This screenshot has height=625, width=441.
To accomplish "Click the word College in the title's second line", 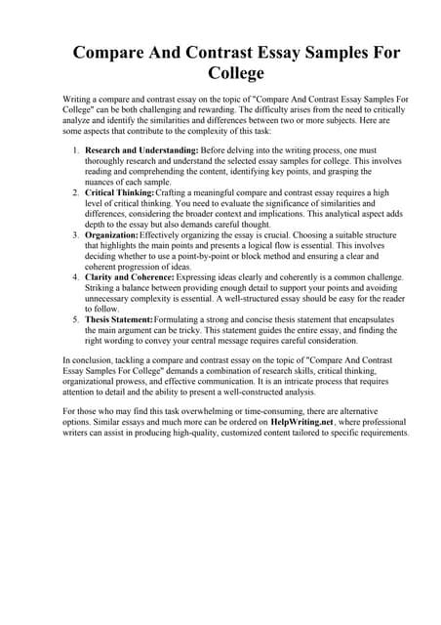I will tap(220, 72).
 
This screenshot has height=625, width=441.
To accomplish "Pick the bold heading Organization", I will tap(111, 235).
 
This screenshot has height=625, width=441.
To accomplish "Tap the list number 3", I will tap(76, 235).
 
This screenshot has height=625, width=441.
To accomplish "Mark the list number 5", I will tap(76, 319).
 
